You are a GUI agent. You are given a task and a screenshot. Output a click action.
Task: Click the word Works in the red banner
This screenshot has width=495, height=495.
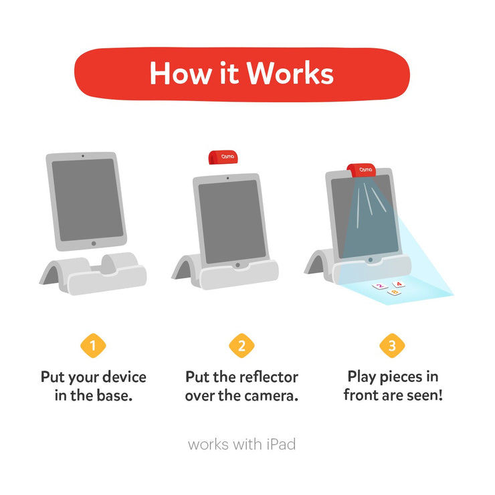tap(290, 73)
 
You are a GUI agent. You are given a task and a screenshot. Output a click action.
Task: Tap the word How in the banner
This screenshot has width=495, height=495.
tap(180, 73)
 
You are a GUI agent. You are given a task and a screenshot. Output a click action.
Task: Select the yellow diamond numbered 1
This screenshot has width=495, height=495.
tap(93, 345)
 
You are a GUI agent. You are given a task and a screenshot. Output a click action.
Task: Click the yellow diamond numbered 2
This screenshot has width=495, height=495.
tap(242, 345)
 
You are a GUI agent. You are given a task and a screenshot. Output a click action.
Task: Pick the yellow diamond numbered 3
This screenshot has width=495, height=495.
tap(392, 345)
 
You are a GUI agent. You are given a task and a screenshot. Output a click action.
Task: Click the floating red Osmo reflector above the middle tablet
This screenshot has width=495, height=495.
tap(223, 157)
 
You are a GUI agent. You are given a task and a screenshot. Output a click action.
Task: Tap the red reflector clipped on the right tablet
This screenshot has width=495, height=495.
tap(361, 170)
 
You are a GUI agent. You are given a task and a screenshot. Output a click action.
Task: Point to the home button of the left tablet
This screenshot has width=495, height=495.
tap(94, 243)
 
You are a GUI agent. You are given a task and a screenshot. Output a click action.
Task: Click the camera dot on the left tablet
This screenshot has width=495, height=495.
tap(83, 156)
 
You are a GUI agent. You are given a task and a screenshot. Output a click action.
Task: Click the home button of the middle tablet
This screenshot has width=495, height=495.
tap(237, 265)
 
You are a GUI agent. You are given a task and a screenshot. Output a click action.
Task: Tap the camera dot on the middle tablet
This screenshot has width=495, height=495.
tap(228, 179)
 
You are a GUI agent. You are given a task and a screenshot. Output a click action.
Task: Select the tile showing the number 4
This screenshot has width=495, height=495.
tap(399, 284)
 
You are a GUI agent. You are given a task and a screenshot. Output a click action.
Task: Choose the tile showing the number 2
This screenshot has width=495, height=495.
tap(380, 286)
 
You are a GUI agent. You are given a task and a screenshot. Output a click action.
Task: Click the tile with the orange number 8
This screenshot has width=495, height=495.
tap(394, 292)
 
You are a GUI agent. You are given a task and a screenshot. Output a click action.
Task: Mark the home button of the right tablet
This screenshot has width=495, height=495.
tap(371, 260)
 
